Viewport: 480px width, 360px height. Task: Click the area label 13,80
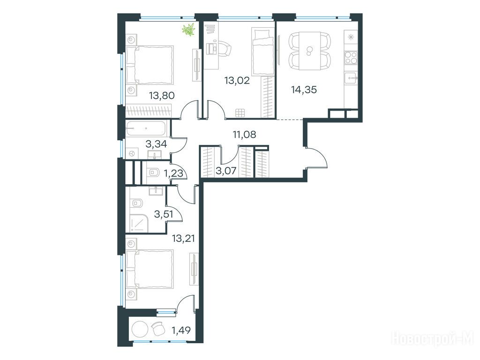162,96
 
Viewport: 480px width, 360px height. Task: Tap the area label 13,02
237,81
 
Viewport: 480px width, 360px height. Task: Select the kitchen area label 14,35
304,90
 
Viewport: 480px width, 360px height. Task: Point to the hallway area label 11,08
244,134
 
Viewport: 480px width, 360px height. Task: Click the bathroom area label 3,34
156,143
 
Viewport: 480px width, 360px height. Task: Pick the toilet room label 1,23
173,173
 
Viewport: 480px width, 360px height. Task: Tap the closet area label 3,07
226,170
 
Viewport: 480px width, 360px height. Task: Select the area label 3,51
164,214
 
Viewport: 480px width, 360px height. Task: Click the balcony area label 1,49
181,330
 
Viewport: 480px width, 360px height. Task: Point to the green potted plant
188,30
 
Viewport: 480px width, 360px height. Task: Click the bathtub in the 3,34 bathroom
146,128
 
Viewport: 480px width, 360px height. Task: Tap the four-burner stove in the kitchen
351,58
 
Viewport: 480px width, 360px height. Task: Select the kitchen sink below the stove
351,79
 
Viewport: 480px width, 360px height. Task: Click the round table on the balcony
140,329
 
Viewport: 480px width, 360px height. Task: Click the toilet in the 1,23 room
153,173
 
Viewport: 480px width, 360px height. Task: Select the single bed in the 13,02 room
262,52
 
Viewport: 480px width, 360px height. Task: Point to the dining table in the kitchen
309,51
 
